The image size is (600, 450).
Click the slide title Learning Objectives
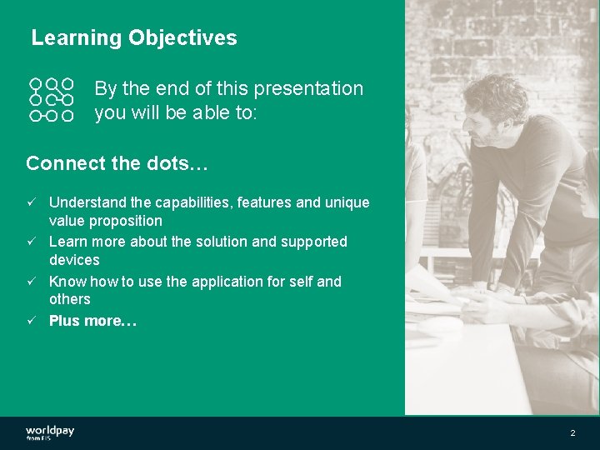(x=133, y=38)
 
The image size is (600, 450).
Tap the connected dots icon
(x=52, y=100)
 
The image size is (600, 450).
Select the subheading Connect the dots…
(x=117, y=163)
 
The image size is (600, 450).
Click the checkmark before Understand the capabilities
(x=31, y=202)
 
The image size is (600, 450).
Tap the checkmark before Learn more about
(x=31, y=242)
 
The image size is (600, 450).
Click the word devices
(x=74, y=260)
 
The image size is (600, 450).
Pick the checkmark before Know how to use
(x=31, y=282)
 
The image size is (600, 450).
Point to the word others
(x=70, y=299)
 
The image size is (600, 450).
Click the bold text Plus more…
(x=92, y=321)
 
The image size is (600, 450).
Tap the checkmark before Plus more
(x=31, y=321)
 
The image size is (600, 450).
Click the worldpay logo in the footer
(x=50, y=432)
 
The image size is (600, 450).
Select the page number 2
(x=572, y=433)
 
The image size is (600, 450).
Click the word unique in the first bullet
(x=347, y=202)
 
